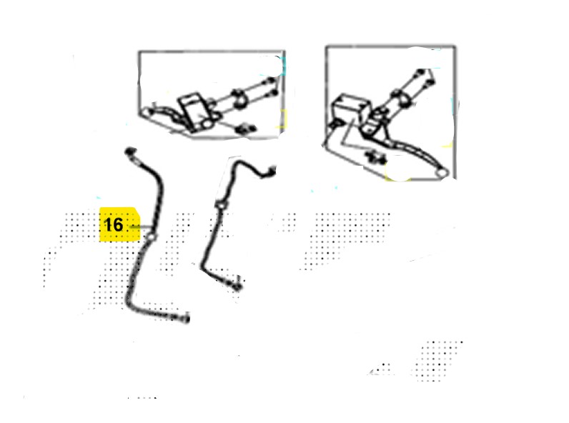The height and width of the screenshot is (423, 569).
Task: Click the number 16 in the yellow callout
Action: click(x=113, y=224)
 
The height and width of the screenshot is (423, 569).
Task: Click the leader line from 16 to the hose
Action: click(x=140, y=227)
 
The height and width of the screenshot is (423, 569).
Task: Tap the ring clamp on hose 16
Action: click(x=151, y=237)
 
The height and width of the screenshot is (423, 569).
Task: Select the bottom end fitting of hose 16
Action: click(x=184, y=318)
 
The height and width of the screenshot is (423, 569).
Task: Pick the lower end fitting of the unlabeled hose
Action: click(x=236, y=286)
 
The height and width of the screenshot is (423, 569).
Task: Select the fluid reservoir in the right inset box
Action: click(x=350, y=108)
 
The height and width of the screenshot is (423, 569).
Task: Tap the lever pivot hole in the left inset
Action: click(x=207, y=124)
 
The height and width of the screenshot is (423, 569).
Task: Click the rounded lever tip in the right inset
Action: click(x=442, y=174)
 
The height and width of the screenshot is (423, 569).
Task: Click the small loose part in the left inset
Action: click(x=246, y=129)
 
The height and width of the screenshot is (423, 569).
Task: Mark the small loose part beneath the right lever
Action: click(x=375, y=157)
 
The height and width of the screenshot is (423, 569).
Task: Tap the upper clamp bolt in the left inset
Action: click(x=271, y=81)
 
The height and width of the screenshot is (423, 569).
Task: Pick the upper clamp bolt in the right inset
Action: click(x=421, y=72)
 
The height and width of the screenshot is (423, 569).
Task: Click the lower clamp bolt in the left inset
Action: click(x=274, y=94)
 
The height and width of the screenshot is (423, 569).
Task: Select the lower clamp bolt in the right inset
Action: click(x=430, y=84)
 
